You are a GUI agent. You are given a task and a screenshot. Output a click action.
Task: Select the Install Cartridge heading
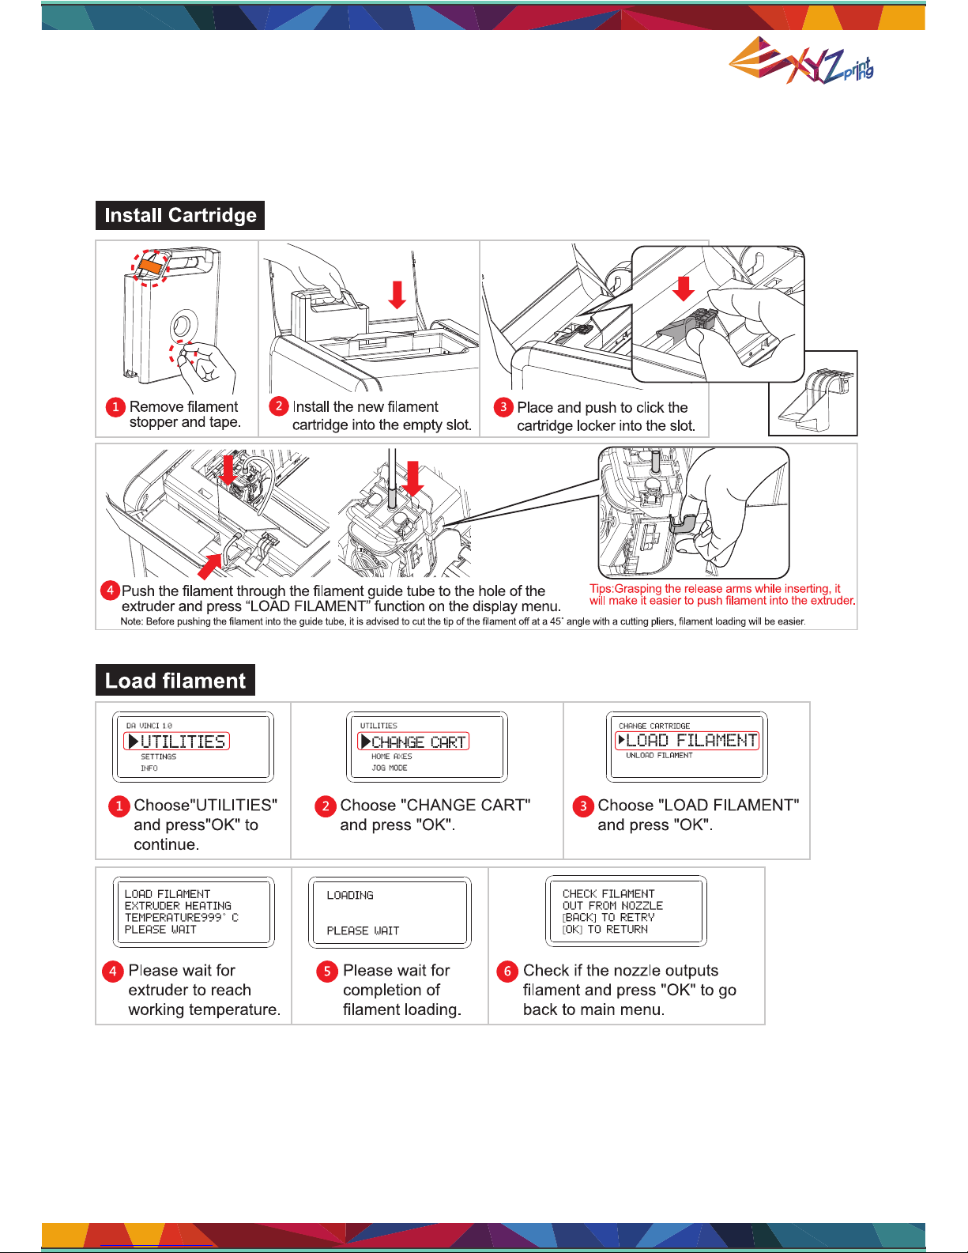pos(180,215)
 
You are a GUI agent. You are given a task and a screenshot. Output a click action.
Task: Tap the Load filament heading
pos(175,681)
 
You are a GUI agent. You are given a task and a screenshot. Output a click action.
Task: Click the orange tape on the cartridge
pos(150,266)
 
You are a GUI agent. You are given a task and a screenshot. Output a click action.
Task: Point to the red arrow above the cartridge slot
pos(397,295)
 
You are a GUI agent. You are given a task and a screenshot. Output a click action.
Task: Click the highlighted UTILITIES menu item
pos(176,741)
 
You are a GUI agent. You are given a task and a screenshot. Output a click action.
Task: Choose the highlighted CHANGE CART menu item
pos(413,741)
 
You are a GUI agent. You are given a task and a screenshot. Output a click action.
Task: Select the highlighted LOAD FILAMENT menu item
pos(687,740)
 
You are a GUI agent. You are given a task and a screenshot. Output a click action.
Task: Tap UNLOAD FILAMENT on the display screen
pos(659,756)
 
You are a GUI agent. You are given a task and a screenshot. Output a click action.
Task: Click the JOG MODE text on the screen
pos(390,768)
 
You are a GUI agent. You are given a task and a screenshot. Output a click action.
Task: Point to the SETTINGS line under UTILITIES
pos(159,757)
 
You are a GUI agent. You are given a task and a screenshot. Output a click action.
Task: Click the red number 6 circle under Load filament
pos(507,971)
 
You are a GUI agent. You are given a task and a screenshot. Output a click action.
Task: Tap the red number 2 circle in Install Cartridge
pos(279,406)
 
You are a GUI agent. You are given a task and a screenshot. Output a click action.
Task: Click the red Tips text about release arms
pos(722,594)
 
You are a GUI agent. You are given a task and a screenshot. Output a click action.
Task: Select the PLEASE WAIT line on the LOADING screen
pos(363,930)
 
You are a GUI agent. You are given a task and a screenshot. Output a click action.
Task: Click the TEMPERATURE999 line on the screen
pos(182,917)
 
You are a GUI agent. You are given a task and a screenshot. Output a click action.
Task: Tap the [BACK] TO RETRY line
pos(608,917)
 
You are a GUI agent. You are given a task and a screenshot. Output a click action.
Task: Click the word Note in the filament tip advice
pos(131,621)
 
